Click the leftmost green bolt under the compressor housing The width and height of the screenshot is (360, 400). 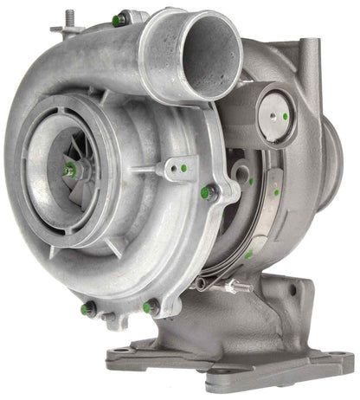86,307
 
